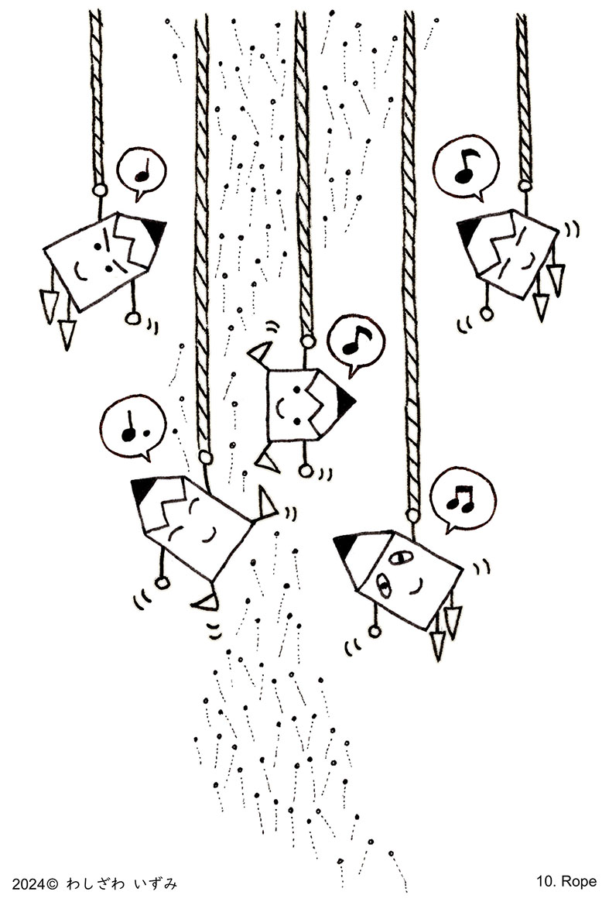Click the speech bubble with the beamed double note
[x=462, y=498]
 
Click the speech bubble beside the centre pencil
[x=355, y=344]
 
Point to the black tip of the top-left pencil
[x=156, y=232]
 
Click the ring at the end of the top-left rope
[x=100, y=189]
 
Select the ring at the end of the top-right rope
[x=525, y=185]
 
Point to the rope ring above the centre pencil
[x=309, y=341]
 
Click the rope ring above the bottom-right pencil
[x=412, y=513]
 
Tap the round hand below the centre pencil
[x=306, y=472]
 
